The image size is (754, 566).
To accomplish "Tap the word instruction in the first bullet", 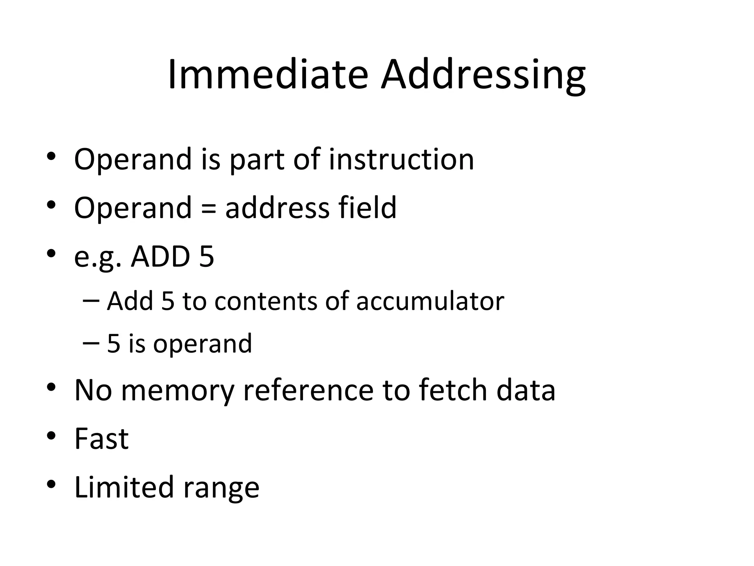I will pyautogui.click(x=401, y=160).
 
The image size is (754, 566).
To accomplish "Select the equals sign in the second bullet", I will pyautogui.click(x=208, y=209).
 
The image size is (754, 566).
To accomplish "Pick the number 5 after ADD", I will pyautogui.click(x=207, y=256).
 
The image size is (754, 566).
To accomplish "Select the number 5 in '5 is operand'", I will pyautogui.click(x=114, y=344).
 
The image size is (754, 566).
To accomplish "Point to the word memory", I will pyautogui.click(x=177, y=391).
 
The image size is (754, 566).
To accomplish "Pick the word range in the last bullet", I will pyautogui.click(x=221, y=489).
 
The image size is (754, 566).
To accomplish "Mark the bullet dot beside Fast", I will pyautogui.click(x=51, y=436).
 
